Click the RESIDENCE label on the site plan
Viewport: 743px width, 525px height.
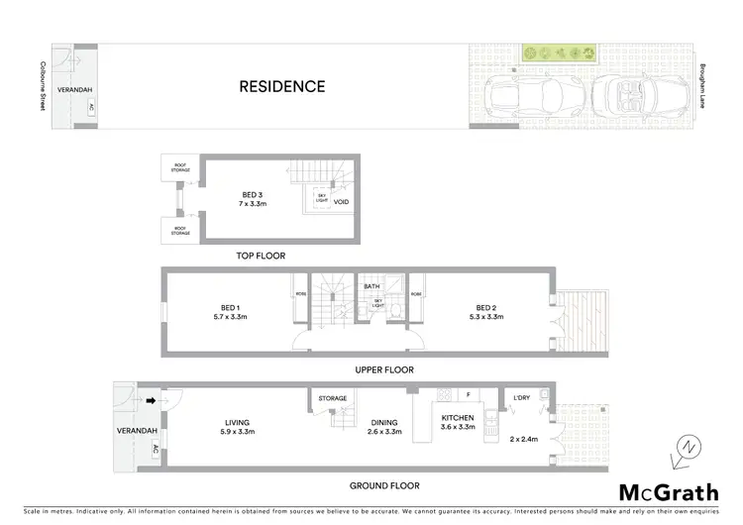point(281,87)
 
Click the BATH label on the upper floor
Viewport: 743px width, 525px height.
point(371,287)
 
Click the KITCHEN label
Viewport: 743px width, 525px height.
point(459,418)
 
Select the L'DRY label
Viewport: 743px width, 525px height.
point(522,397)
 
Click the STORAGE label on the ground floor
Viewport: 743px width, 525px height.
point(333,398)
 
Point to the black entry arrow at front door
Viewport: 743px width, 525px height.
point(152,401)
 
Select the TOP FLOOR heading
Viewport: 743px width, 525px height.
point(261,256)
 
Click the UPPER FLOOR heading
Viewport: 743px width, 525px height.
point(384,369)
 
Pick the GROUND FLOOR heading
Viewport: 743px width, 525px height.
point(383,485)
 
